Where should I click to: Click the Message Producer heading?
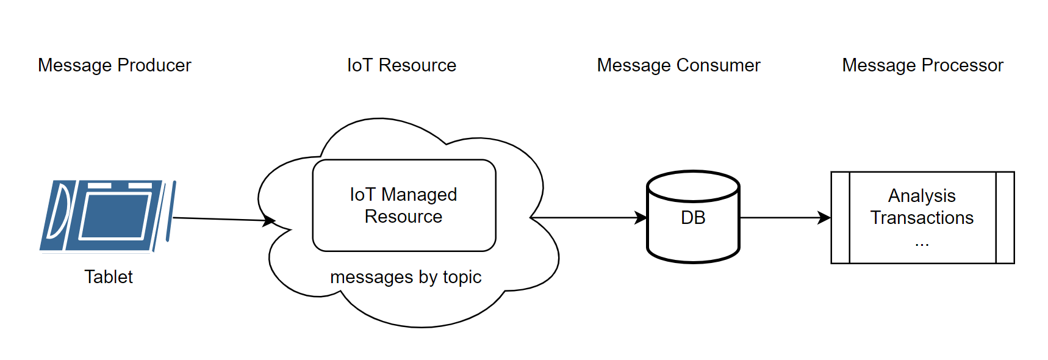114,65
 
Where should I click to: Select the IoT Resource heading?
401,65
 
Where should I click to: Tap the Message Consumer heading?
678,65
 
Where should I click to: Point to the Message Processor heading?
922,65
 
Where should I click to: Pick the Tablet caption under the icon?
108,277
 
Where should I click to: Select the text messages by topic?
406,277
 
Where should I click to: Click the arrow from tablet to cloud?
220,219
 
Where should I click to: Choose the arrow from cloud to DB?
586,217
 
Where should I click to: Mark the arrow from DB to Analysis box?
784,217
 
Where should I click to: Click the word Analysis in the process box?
922,196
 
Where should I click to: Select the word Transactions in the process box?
922,218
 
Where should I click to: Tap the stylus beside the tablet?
171,211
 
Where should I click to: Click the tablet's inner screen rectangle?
116,216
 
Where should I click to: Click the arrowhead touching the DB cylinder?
641,217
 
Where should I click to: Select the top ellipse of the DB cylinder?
693,186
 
